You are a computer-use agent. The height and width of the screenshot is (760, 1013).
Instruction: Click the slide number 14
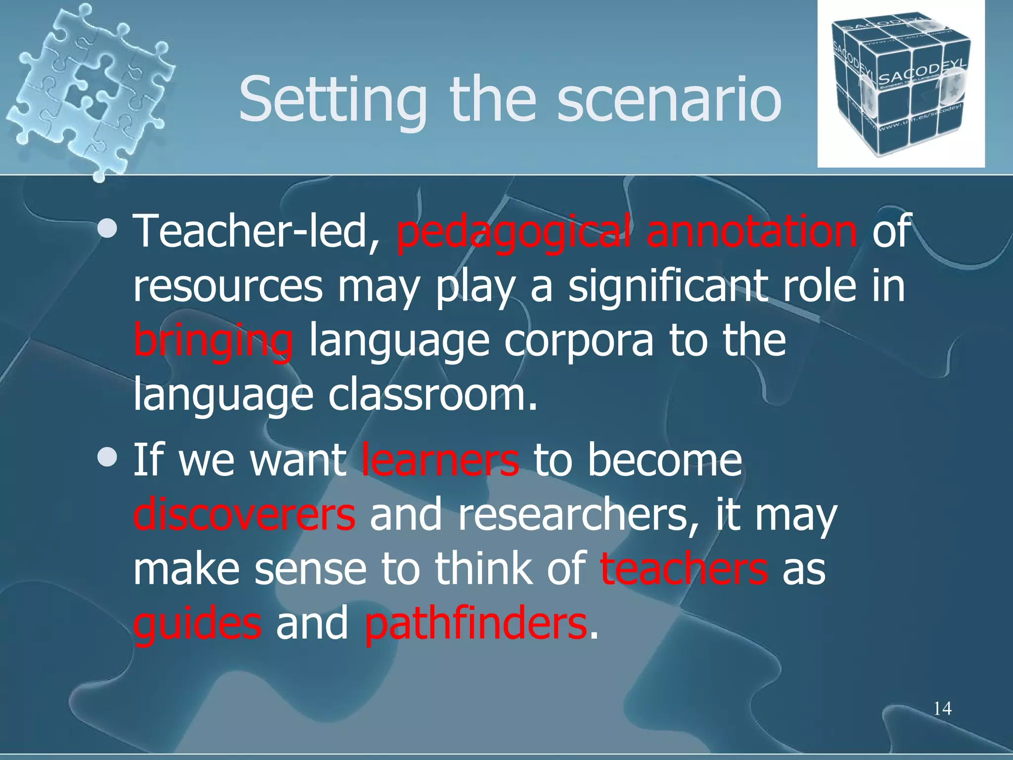pos(942,709)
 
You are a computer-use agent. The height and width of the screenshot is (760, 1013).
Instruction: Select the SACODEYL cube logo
pos(900,84)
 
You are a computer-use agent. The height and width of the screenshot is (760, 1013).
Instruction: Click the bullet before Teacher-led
pos(107,229)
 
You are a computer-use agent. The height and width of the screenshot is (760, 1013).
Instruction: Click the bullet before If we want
pos(107,458)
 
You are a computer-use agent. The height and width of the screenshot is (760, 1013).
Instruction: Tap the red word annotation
pos(752,231)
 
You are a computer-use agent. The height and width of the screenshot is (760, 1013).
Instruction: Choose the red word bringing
pos(213,341)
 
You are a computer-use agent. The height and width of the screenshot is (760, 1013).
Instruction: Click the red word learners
pos(440,460)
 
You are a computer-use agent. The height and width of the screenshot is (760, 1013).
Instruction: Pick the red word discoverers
pos(244,515)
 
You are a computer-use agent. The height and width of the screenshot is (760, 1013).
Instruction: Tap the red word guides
pos(197,624)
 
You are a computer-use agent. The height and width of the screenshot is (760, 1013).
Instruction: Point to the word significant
pos(668,287)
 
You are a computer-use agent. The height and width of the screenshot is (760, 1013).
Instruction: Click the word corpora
pos(579,341)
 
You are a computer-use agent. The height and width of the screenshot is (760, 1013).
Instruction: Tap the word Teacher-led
pos(257,232)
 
